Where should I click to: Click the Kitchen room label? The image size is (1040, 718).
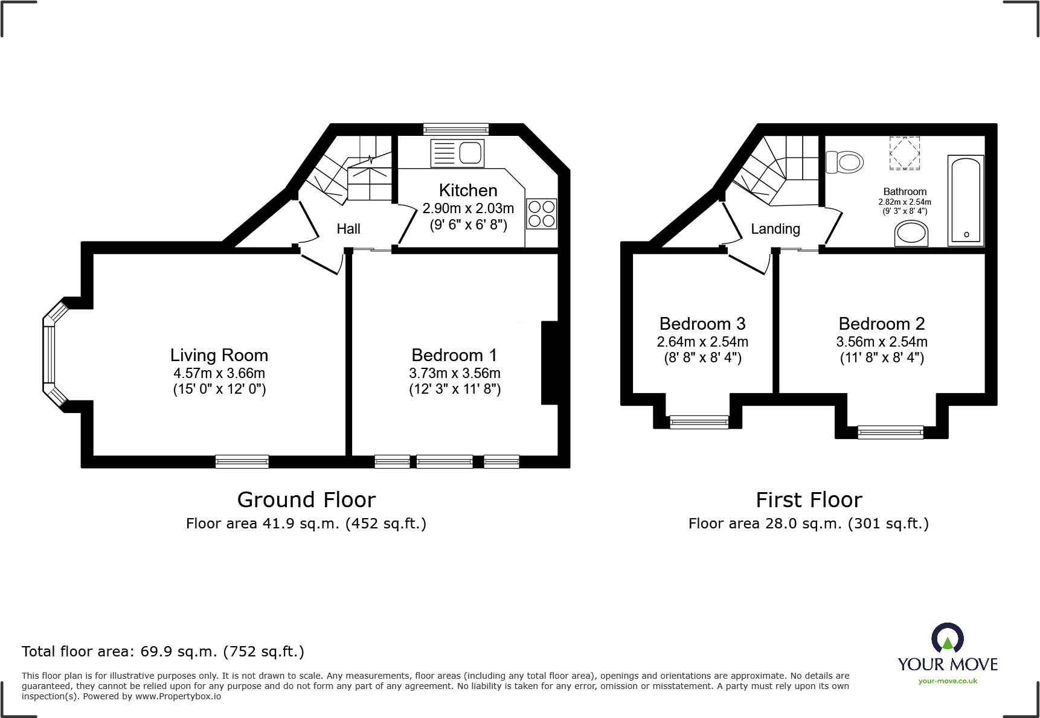point(468,190)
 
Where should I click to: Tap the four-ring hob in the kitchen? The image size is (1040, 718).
point(541,214)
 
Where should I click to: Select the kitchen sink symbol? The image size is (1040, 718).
point(458,152)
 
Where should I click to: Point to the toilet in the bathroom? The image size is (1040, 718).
point(846,162)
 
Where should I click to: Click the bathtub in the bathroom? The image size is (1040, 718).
point(966,200)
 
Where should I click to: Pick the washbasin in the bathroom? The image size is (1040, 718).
point(911,233)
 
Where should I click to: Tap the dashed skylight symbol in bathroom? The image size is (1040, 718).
point(904,153)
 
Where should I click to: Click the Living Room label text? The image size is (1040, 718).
point(219,355)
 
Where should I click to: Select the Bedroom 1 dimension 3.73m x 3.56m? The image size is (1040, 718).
point(454,373)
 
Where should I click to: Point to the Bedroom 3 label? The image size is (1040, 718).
point(702,324)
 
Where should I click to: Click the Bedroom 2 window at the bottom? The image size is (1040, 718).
point(890,431)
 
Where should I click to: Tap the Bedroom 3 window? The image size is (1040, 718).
point(699,422)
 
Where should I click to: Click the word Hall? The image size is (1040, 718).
point(348,229)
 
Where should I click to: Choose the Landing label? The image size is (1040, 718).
point(775,229)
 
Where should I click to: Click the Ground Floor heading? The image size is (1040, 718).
point(306,500)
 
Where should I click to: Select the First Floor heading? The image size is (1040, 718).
point(809,500)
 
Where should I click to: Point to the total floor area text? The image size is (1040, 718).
point(163,652)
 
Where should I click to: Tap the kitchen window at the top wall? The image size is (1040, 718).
point(456,129)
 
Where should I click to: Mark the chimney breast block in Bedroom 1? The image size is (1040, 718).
point(550,362)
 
